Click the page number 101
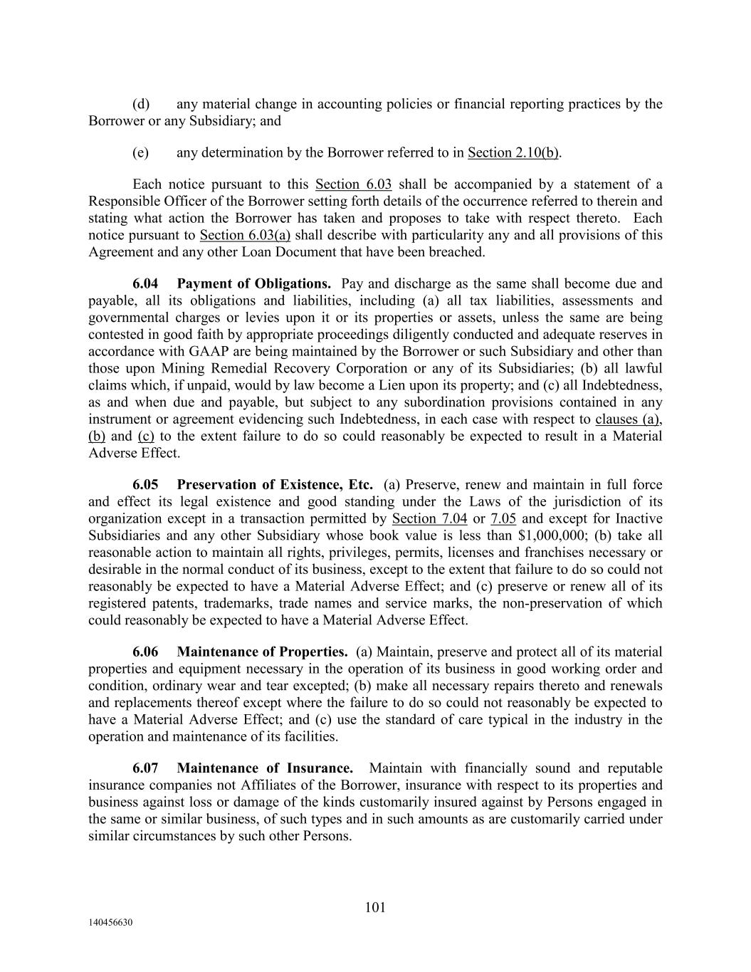375,907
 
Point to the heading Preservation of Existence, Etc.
275,485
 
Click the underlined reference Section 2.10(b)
513,152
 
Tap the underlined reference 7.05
503,518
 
